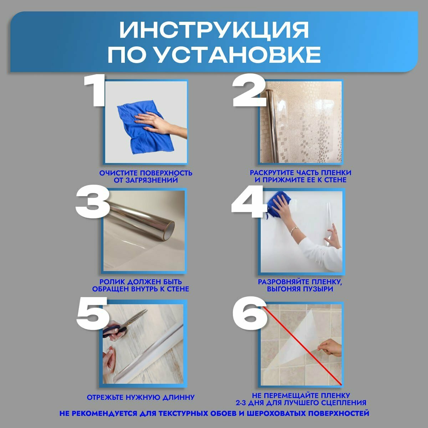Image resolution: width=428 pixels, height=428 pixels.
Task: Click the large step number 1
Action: coord(94,91)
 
